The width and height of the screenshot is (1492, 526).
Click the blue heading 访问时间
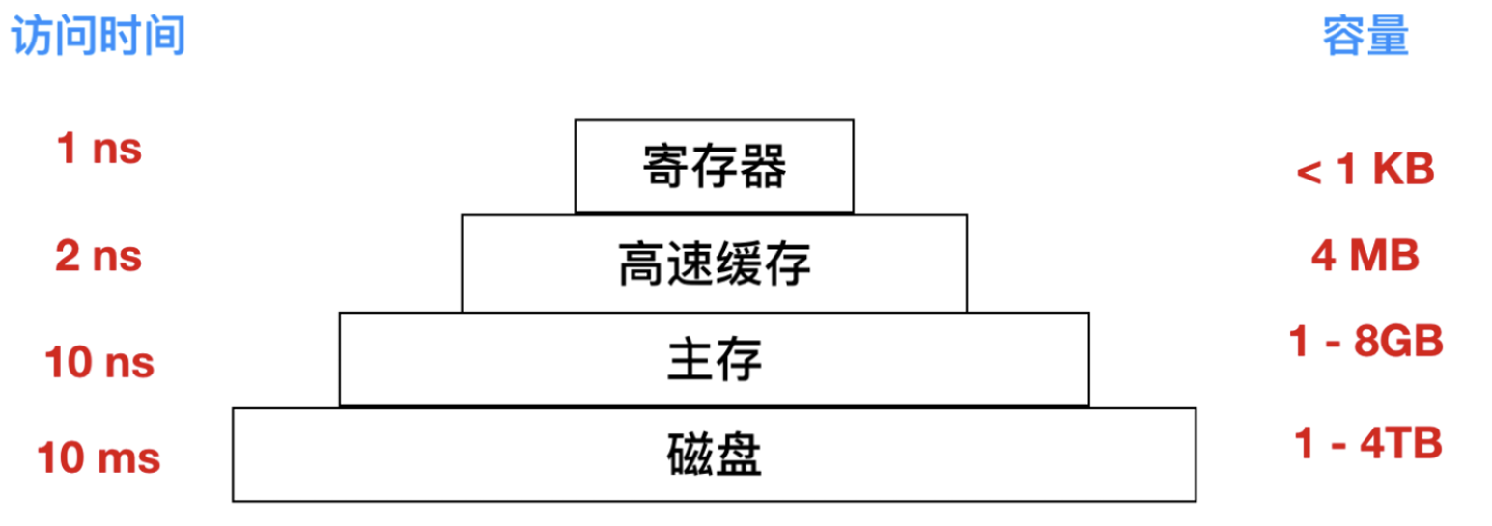tap(97, 38)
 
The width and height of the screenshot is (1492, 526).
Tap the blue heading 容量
tap(1365, 38)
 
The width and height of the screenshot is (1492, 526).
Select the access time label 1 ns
tap(100, 151)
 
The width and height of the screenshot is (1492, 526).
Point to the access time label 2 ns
tap(100, 257)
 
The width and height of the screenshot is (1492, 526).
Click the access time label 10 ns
tap(100, 363)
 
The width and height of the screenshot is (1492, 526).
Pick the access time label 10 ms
tap(99, 457)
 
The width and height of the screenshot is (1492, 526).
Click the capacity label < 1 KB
tap(1365, 171)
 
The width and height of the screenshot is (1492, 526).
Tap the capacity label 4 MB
tap(1365, 257)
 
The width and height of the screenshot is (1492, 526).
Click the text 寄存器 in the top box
tap(715, 169)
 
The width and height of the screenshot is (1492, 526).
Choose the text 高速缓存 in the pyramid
tap(715, 265)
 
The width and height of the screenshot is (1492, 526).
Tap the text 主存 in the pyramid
tap(715, 361)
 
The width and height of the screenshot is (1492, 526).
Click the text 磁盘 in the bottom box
tap(715, 456)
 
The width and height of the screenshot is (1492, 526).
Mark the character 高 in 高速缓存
tap(642, 265)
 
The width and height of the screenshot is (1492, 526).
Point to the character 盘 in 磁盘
tap(739, 456)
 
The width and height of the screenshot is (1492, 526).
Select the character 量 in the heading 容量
tap(1389, 38)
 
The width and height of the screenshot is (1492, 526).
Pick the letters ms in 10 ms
tap(133, 459)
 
